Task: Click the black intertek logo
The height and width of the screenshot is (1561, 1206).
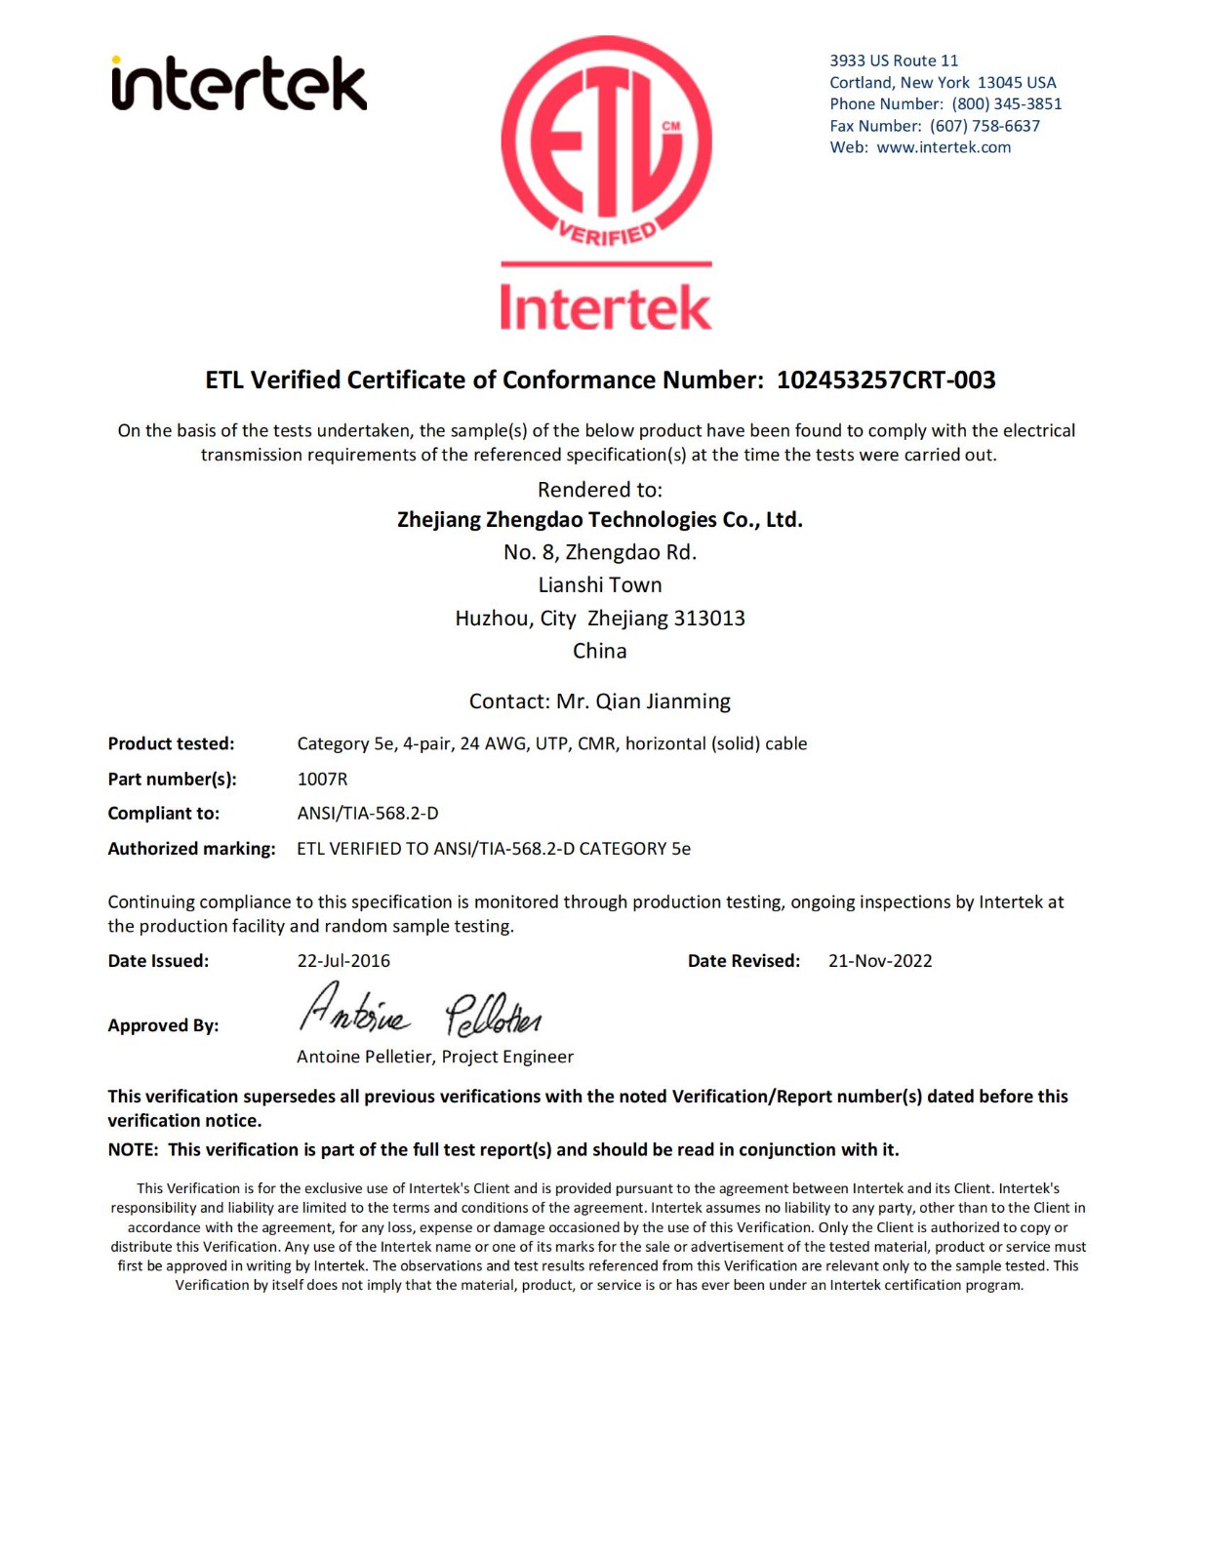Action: click(x=239, y=83)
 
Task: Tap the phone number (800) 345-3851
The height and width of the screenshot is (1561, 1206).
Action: click(x=1006, y=104)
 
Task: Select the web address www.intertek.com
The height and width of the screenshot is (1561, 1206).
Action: click(x=944, y=147)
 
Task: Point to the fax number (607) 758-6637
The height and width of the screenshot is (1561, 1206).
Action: click(x=985, y=126)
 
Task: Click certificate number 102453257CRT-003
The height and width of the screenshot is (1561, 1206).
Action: click(x=886, y=380)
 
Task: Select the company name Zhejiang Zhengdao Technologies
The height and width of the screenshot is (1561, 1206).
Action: click(x=599, y=520)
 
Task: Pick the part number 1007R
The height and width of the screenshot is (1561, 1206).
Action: click(x=322, y=779)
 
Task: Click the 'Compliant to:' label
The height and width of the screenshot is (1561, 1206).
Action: click(x=164, y=814)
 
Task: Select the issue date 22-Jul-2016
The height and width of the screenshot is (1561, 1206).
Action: click(x=343, y=961)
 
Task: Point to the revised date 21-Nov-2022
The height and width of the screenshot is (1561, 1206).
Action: click(x=880, y=961)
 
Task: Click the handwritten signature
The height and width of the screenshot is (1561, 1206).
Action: click(x=420, y=1011)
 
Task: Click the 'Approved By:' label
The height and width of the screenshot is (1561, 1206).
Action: click(x=163, y=1025)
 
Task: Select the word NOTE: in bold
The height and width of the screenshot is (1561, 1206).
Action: click(x=133, y=1150)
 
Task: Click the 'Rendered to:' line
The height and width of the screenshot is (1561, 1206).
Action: click(x=599, y=490)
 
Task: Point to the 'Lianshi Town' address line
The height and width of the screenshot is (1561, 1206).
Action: click(x=599, y=585)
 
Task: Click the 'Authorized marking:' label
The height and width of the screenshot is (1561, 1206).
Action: click(x=191, y=849)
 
